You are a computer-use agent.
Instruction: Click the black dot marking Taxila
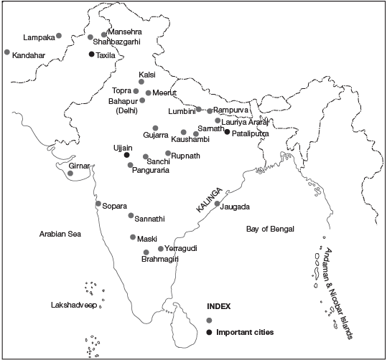tap(91, 55)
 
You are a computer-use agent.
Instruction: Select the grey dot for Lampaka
tap(58, 35)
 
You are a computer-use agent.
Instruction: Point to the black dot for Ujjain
tap(126, 155)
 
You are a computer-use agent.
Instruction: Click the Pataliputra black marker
tap(227, 132)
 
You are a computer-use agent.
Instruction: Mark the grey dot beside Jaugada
tap(217, 204)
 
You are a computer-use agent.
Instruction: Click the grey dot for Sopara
tap(98, 204)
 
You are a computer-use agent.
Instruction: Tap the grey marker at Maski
tap(132, 237)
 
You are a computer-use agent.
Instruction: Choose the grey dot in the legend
tap(209, 320)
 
